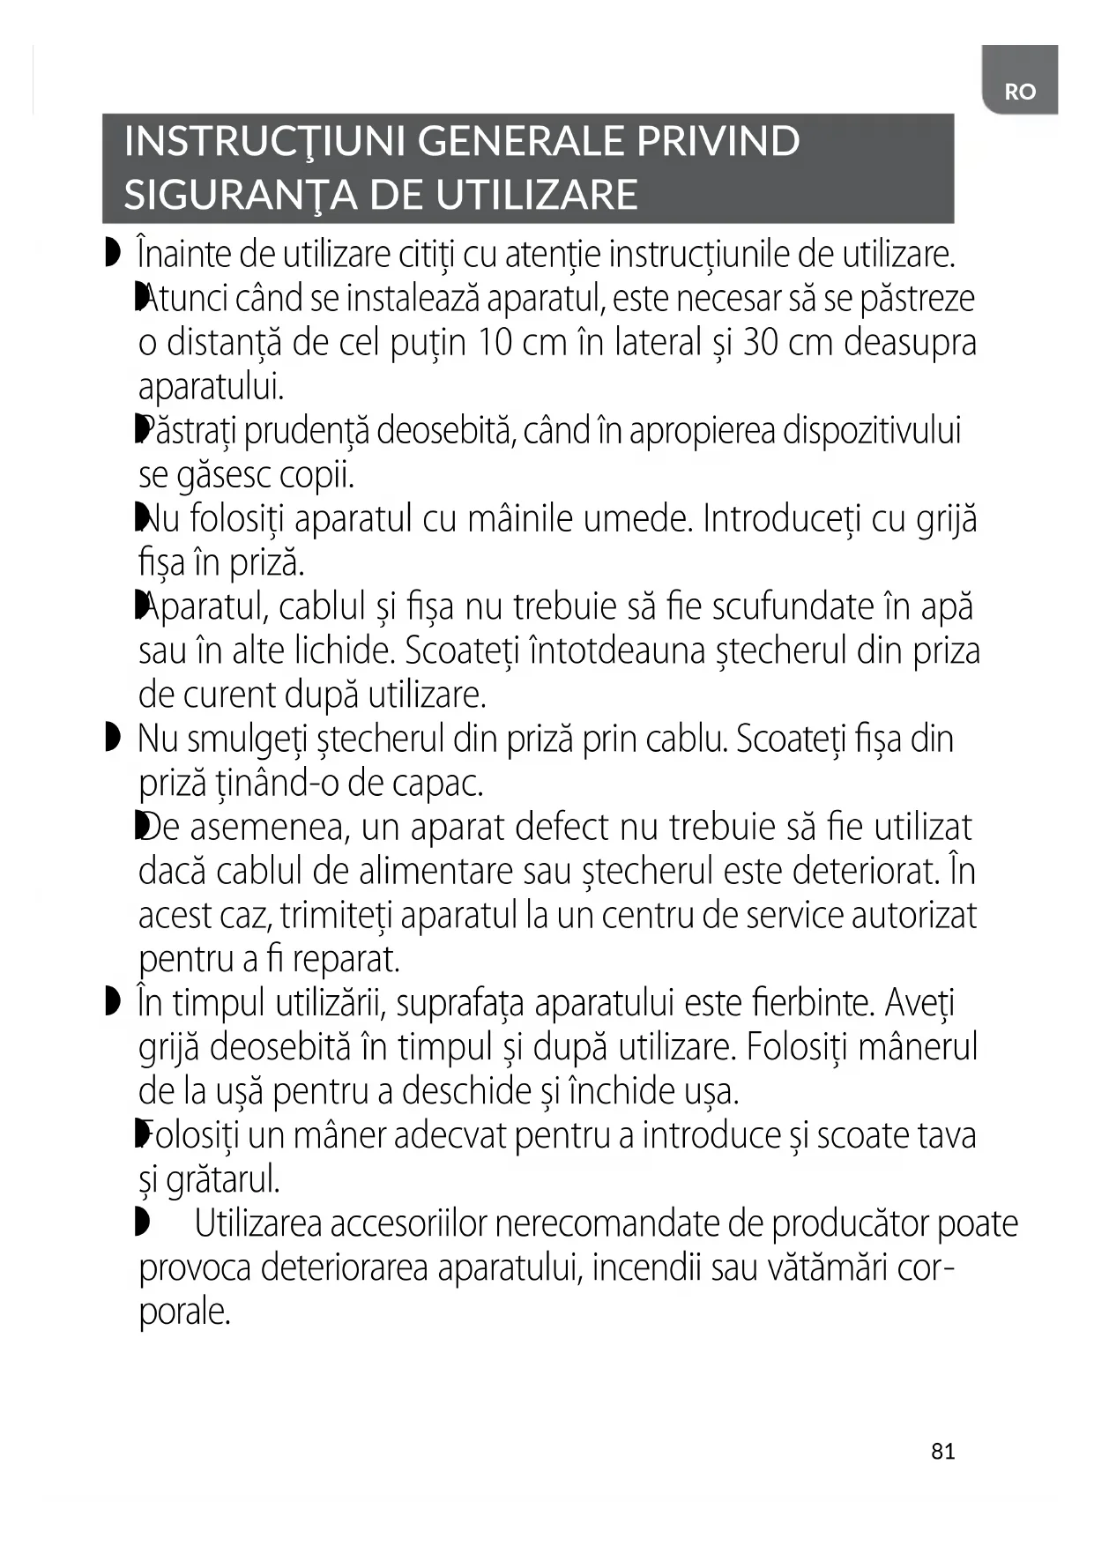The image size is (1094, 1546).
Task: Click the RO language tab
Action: (1019, 92)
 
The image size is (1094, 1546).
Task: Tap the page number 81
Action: (942, 1452)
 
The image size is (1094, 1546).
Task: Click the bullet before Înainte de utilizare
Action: (111, 254)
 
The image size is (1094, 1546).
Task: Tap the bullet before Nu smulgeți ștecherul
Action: (111, 738)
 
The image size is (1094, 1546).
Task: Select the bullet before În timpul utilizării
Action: (111, 1002)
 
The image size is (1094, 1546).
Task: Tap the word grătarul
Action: (222, 1179)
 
